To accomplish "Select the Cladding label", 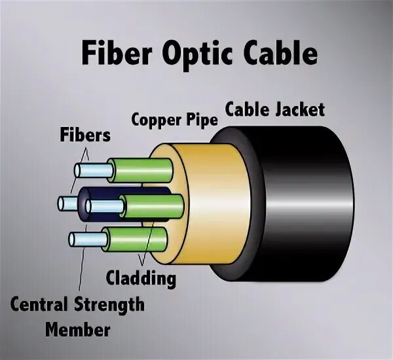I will tap(141, 278).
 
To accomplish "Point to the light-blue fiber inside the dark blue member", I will tap(98, 207).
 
